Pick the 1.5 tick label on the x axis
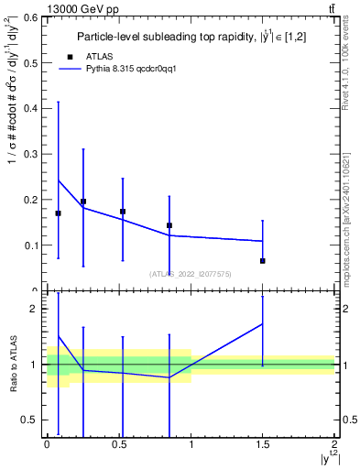(263, 443)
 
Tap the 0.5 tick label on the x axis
(118, 443)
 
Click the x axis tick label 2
(334, 443)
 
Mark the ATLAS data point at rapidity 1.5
(263, 261)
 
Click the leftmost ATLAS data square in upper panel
(58, 213)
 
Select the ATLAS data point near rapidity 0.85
(169, 225)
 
